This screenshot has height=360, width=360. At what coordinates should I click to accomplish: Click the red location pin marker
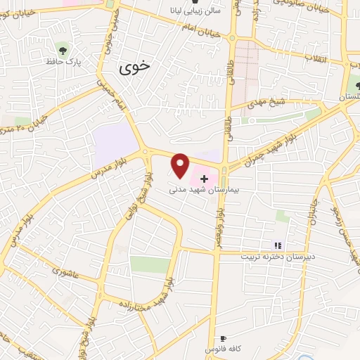[181, 166]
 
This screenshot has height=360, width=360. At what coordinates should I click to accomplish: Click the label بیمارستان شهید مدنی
[201, 190]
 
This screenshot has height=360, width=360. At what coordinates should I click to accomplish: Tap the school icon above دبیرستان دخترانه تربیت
[278, 245]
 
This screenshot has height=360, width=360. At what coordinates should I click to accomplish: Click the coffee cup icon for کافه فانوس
[224, 339]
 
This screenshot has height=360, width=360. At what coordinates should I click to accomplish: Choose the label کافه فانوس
[219, 349]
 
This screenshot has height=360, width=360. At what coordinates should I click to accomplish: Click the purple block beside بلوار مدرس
[115, 143]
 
